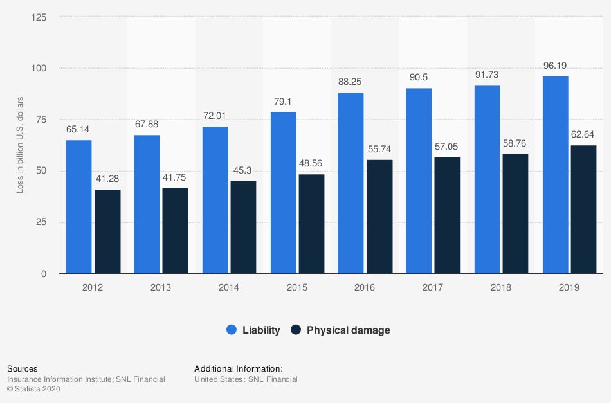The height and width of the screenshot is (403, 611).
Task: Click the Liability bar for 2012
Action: (78, 207)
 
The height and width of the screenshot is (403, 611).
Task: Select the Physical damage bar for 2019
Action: (583, 210)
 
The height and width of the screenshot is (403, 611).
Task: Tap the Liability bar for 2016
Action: (351, 183)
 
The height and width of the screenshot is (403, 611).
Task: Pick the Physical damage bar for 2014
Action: (243, 228)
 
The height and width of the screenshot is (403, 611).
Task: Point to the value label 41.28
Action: (107, 179)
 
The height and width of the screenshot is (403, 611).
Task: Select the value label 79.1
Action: (283, 101)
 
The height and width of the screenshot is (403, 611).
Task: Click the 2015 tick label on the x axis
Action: (297, 287)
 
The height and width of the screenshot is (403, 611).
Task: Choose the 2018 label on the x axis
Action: (500, 287)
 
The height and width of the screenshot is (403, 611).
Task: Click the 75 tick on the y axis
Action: (41, 120)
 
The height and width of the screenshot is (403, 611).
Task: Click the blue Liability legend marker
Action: (232, 330)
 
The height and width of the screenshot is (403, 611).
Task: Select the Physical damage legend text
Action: (348, 330)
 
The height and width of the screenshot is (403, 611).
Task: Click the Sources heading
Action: (22, 369)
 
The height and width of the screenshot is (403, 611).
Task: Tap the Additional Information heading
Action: (239, 369)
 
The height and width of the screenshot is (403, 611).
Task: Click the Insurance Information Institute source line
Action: (86, 379)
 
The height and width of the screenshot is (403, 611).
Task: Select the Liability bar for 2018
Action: (487, 179)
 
